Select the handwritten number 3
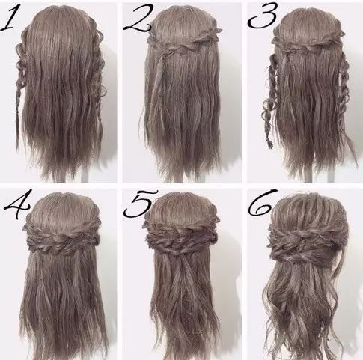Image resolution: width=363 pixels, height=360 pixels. [263, 16]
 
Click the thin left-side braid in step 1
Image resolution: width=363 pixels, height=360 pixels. [19, 100]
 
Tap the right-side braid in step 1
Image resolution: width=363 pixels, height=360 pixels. [98, 75]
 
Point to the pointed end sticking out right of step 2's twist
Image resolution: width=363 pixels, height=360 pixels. [220, 30]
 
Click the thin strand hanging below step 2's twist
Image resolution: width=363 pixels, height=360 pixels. [159, 82]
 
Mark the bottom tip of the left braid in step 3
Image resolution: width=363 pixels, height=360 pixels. [270, 147]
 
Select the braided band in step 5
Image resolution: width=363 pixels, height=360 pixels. [181, 237]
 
